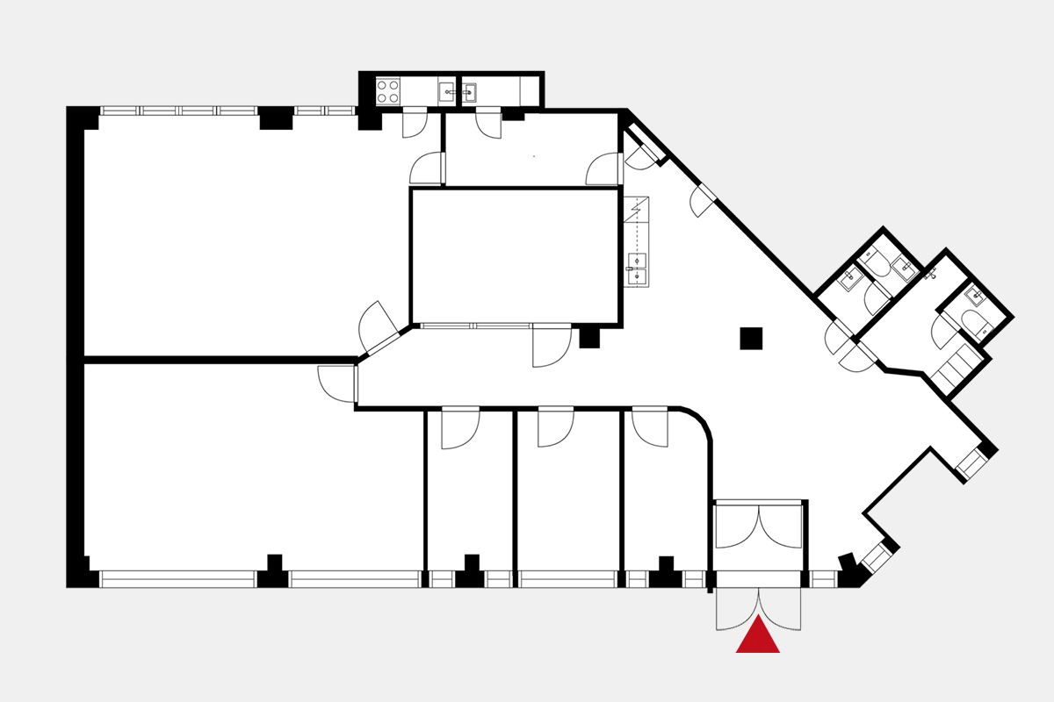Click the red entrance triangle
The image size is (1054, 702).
(x=757, y=637)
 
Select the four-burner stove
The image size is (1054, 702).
(x=388, y=90)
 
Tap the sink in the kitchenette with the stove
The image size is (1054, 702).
(x=448, y=90)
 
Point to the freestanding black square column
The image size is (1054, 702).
(x=751, y=338)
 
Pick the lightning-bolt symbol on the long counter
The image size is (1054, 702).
(x=637, y=210)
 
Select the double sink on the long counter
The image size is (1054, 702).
(x=637, y=269)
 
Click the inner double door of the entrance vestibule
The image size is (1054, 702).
(x=758, y=526)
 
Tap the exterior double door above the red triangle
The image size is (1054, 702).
(x=758, y=608)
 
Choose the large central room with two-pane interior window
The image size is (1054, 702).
(x=516, y=255)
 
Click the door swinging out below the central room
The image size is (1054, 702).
(x=552, y=346)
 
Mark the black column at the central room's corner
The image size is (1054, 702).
(x=589, y=337)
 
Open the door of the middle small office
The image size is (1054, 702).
(x=555, y=427)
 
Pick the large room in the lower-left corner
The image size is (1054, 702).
(x=246, y=474)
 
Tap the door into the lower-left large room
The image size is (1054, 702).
(x=338, y=383)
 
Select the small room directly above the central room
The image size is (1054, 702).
(x=531, y=149)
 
